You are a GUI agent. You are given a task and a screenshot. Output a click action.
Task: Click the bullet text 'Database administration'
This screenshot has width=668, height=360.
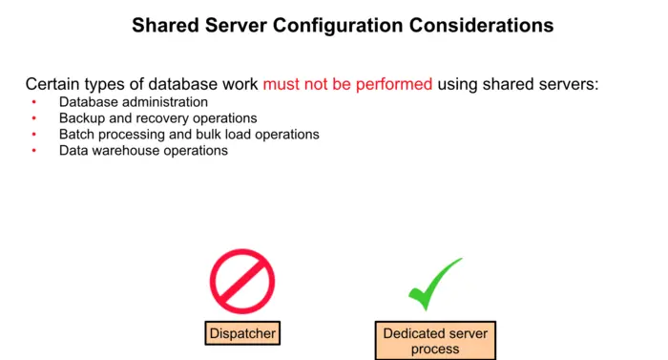[133, 102]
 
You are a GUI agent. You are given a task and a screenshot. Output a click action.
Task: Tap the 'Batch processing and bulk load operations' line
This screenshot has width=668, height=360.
[188, 135]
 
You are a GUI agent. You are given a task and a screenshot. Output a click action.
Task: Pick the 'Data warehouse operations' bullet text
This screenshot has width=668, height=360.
[143, 151]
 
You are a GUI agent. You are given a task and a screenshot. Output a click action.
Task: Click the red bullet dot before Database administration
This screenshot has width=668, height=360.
[33, 102]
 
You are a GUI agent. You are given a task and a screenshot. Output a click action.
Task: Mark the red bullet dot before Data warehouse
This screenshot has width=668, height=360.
[33, 151]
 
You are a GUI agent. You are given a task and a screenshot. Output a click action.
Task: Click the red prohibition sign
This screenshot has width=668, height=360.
[242, 281]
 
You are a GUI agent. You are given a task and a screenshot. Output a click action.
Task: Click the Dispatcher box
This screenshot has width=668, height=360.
[242, 333]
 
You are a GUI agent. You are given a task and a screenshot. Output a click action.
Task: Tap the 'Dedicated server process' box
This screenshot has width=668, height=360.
[434, 341]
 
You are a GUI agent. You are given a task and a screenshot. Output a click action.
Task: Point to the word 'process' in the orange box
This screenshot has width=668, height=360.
[434, 349]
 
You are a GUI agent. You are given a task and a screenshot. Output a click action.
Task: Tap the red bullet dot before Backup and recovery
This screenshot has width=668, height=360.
[33, 118]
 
